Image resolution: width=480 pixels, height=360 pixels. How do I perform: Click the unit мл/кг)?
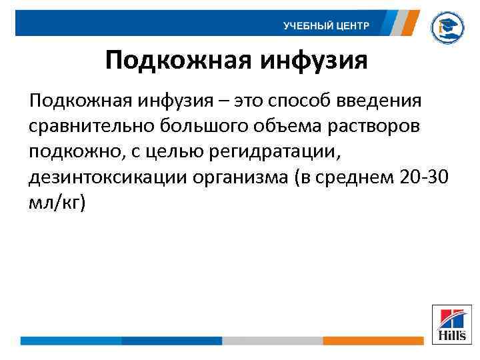coord(57,203)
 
